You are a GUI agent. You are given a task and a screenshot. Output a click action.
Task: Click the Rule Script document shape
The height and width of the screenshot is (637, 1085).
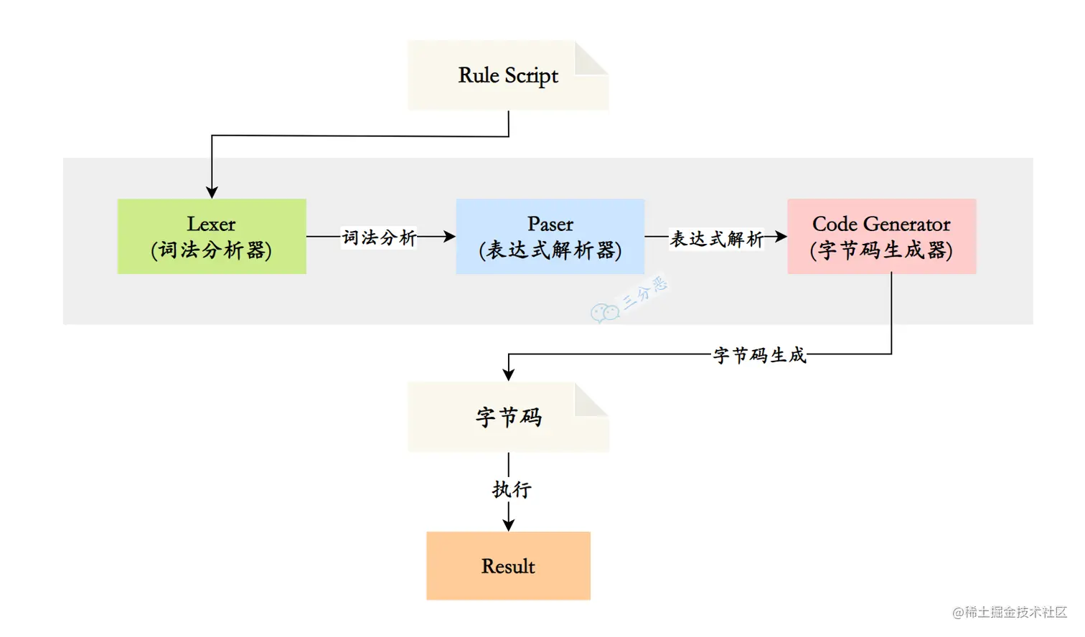(508, 76)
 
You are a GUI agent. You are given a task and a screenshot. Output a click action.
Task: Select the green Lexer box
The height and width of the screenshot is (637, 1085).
(212, 236)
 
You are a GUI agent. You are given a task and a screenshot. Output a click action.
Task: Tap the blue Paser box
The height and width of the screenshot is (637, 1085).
(550, 236)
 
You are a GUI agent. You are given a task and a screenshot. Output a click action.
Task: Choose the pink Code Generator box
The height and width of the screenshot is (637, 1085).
(881, 236)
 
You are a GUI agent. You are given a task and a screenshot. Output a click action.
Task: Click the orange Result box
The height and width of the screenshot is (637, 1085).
(508, 565)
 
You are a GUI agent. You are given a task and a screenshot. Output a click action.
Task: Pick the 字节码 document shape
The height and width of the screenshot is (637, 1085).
(508, 417)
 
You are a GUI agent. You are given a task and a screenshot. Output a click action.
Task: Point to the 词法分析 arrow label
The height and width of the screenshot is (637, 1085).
(379, 237)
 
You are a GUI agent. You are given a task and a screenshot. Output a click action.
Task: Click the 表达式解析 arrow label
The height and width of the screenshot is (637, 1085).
(716, 238)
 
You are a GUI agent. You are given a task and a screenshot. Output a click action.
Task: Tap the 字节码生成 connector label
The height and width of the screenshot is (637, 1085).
(759, 354)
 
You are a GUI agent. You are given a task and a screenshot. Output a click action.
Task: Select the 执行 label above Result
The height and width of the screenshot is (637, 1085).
(511, 489)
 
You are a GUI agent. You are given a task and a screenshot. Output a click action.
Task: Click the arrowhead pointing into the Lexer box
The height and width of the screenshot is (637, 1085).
(212, 192)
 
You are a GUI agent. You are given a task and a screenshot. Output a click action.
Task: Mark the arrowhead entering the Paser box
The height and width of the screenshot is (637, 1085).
(449, 236)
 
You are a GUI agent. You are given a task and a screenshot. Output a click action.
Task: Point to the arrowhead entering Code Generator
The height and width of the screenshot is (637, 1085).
(781, 236)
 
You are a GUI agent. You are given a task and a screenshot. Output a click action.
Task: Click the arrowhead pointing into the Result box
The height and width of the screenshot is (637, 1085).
(509, 525)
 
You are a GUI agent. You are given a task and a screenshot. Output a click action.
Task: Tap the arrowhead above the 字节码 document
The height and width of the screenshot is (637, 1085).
(509, 374)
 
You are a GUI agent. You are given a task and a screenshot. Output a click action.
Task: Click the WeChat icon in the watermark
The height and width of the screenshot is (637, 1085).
(604, 312)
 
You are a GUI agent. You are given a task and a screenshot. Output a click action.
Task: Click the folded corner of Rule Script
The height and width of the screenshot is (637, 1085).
(591, 57)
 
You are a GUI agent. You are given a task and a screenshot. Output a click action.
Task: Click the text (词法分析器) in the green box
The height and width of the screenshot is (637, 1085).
(212, 250)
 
